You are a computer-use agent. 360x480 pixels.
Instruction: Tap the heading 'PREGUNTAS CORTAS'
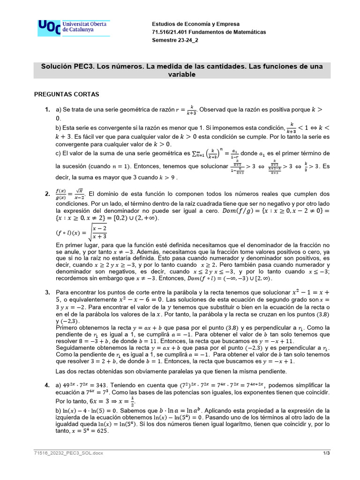(x=67, y=94)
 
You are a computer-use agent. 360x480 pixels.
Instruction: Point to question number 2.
(x=47, y=194)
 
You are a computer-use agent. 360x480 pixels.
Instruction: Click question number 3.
(x=47, y=292)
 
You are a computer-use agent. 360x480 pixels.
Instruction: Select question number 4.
(x=47, y=385)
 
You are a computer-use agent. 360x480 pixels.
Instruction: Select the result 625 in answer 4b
(x=102, y=431)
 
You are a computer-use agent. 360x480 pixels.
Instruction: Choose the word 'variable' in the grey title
(x=182, y=74)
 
